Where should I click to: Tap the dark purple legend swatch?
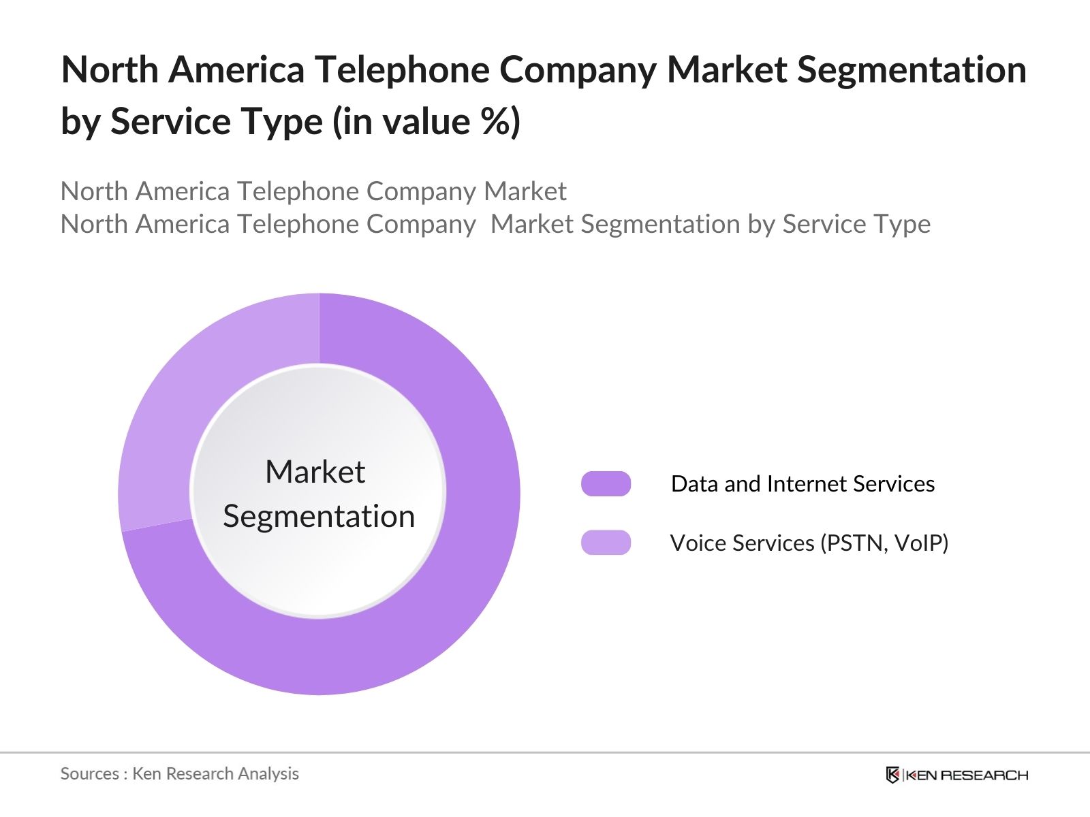pos(606,483)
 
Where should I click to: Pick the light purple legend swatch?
pos(606,543)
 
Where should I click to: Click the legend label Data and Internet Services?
pos(803,483)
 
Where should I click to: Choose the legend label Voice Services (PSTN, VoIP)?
pos(809,543)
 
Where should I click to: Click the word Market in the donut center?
pos(315,472)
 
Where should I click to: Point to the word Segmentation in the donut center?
pos(319,516)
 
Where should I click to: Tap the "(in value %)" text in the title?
pos(426,121)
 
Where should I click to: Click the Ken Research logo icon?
pos(892,775)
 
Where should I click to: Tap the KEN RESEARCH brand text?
pos(967,775)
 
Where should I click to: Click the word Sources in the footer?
pos(90,773)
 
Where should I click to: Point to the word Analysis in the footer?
pos(272,773)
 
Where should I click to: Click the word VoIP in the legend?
pos(921,543)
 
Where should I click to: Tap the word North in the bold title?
pos(110,69)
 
